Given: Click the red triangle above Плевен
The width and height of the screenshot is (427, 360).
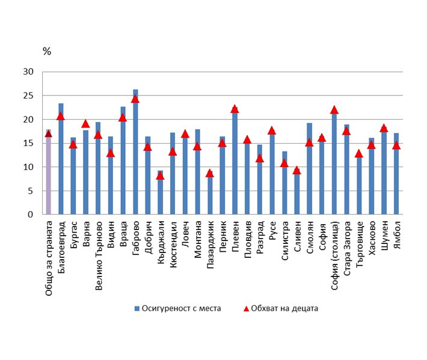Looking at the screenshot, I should (235, 109).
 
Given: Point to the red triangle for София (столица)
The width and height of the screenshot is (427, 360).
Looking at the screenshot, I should (334, 110).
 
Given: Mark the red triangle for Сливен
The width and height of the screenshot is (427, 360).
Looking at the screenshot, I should (296, 170).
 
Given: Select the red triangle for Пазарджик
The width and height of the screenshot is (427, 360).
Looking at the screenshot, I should (209, 173).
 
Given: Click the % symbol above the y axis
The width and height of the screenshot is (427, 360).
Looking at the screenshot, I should (46, 51).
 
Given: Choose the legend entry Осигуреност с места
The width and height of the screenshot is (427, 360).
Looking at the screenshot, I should (177, 308).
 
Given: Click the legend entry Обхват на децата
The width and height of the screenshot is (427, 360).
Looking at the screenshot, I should (281, 308).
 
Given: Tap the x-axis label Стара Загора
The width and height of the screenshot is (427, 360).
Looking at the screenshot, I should (346, 247).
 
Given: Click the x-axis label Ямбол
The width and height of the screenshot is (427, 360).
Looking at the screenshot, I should (396, 236).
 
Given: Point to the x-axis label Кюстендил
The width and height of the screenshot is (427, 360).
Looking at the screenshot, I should (173, 244).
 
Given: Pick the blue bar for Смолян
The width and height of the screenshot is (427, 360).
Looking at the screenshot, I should (309, 169).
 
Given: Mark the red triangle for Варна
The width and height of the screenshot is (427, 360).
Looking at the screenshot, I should (85, 124).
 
